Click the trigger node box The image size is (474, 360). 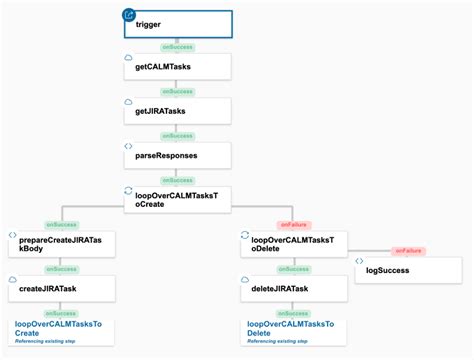tap(177, 23)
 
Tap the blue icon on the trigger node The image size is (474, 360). tap(128, 14)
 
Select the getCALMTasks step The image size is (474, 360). tap(177, 67)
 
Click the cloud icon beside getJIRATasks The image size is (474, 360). tap(128, 103)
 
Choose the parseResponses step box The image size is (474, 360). tap(177, 155)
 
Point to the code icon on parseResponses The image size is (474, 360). tap(128, 147)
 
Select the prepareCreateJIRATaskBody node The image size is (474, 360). tap(60, 243)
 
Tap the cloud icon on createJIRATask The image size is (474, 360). tap(12, 280)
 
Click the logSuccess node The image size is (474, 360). tap(408, 270)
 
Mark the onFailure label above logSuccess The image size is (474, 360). tap(408, 250)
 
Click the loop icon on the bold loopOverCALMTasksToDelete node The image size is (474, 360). tap(244, 236)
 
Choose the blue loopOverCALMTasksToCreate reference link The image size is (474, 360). tap(58, 328)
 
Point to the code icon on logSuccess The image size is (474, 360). tap(359, 262)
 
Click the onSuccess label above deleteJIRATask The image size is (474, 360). tap(292, 268)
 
